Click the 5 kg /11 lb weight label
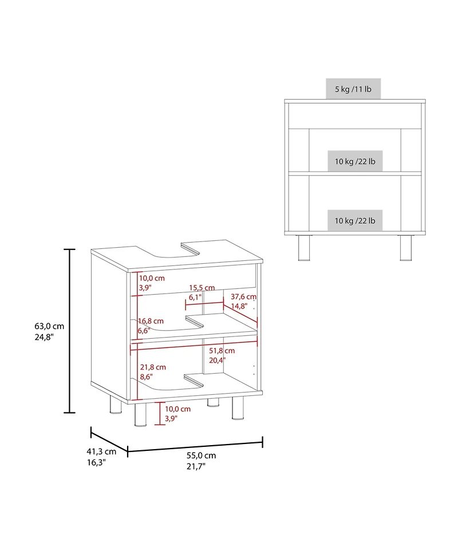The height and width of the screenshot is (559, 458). coord(353,89)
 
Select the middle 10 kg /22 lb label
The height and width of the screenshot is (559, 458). coord(355,162)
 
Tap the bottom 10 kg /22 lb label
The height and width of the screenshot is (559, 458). coord(355,220)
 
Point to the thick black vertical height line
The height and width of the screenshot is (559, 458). coord(69,331)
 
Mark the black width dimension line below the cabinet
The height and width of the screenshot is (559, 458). coord(195,446)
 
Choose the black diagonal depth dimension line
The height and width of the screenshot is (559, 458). coord(109,440)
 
